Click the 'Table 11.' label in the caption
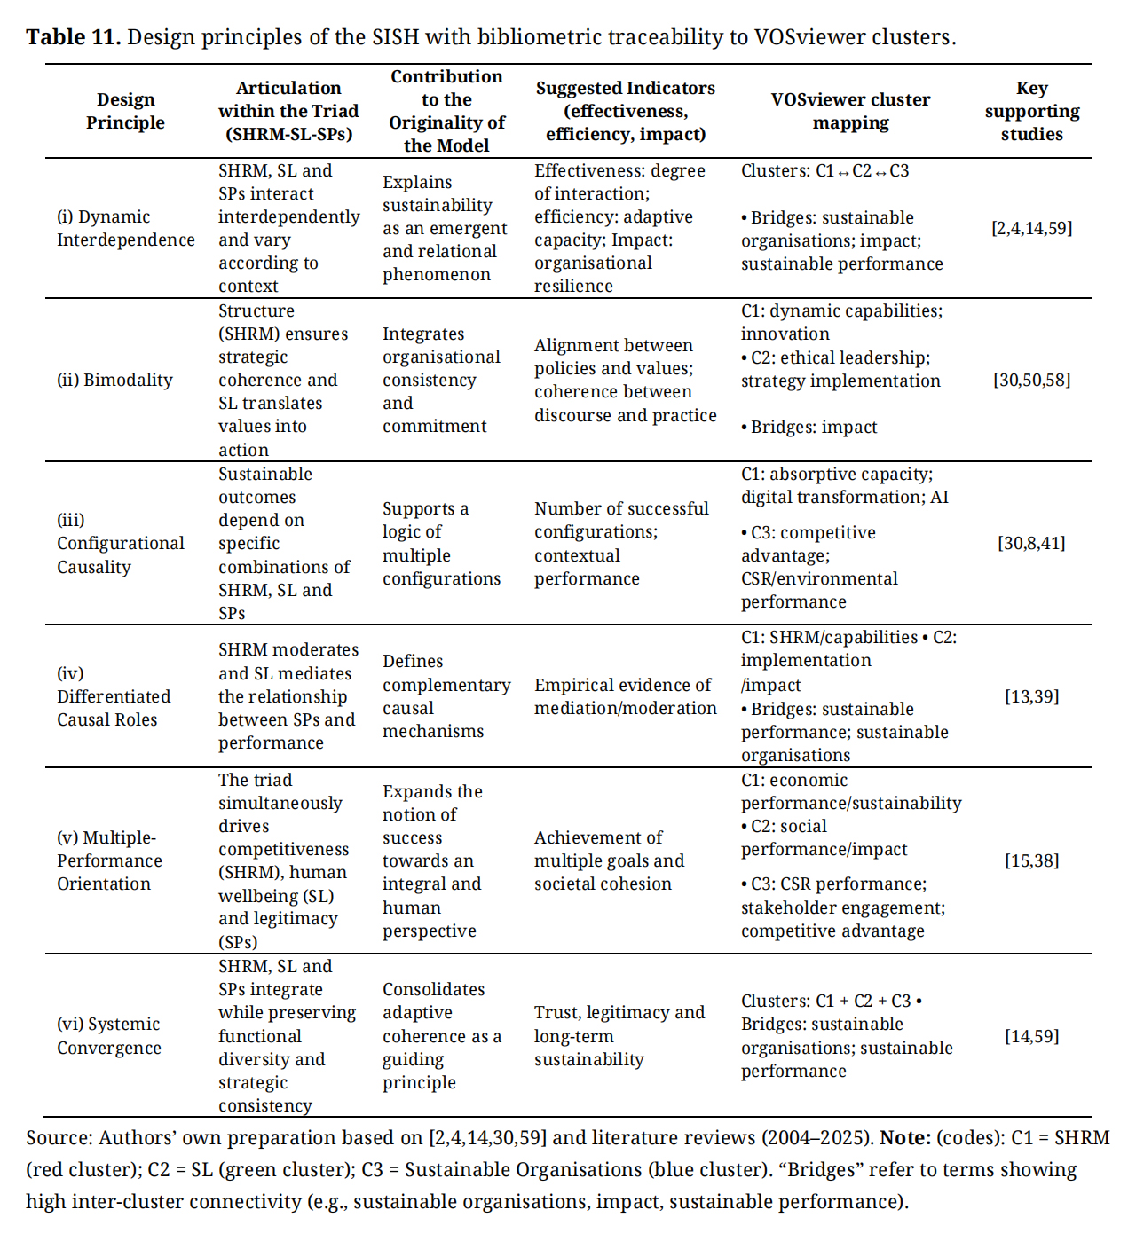[73, 37]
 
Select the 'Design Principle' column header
[125, 111]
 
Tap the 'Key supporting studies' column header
[1031, 111]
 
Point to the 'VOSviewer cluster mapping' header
[850, 111]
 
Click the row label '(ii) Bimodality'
[114, 380]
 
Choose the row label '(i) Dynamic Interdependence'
[125, 228]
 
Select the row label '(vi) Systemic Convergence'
[109, 1035]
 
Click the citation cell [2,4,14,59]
[1031, 228]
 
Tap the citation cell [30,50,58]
[1031, 380]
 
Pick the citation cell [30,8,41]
[1031, 543]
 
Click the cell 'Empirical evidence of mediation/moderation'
[625, 696]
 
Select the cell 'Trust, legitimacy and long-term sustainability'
[619, 1035]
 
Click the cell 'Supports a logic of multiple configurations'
[441, 543]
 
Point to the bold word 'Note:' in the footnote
[905, 1137]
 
